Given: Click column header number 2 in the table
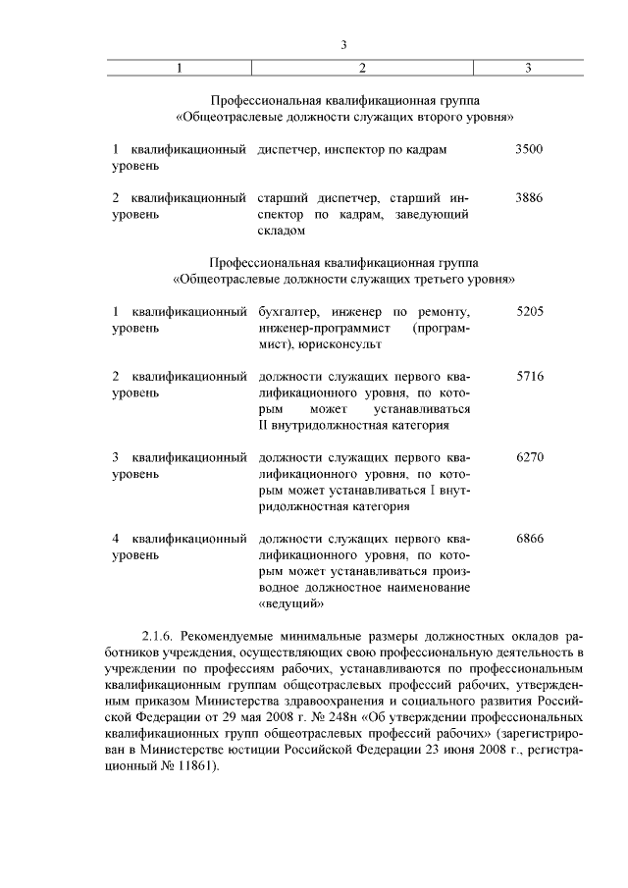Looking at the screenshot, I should click(x=363, y=68).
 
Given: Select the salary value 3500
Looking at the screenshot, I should click(x=528, y=149).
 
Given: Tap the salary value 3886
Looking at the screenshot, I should click(x=528, y=197).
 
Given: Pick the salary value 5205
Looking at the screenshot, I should click(x=528, y=311).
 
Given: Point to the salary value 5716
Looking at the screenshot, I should click(x=528, y=376).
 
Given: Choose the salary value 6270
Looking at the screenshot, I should click(x=528, y=457).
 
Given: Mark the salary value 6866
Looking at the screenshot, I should click(x=528, y=539).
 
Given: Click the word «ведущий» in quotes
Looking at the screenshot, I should click(x=291, y=603).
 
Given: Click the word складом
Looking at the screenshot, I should click(x=282, y=231).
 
